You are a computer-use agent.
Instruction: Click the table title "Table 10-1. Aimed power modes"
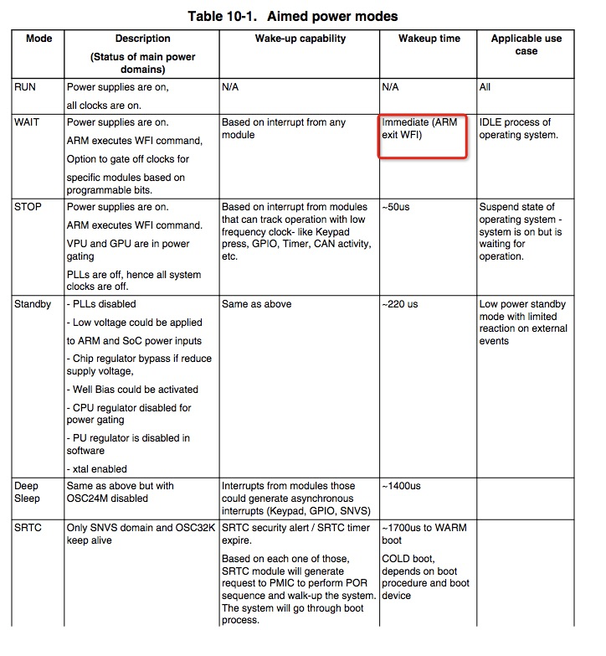(303, 17)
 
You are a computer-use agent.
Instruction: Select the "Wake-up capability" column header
(298, 39)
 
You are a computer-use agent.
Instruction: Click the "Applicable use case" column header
(526, 44)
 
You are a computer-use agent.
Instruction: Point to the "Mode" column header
(39, 39)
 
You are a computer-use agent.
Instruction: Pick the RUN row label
(25, 87)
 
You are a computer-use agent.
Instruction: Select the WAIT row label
(27, 123)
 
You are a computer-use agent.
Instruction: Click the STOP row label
(28, 207)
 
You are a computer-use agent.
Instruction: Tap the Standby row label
(33, 304)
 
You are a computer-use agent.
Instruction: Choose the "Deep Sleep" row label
(27, 492)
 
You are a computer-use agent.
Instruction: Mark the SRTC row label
(28, 528)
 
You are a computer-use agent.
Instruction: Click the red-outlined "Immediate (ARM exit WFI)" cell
(422, 135)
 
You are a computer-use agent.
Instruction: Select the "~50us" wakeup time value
(398, 207)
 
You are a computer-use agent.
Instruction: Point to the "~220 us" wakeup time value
(401, 304)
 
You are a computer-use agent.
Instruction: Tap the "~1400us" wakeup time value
(402, 486)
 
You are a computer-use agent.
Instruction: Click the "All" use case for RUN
(485, 87)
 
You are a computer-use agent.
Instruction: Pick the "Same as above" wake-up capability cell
(256, 304)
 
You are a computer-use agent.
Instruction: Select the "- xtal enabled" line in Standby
(97, 468)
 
